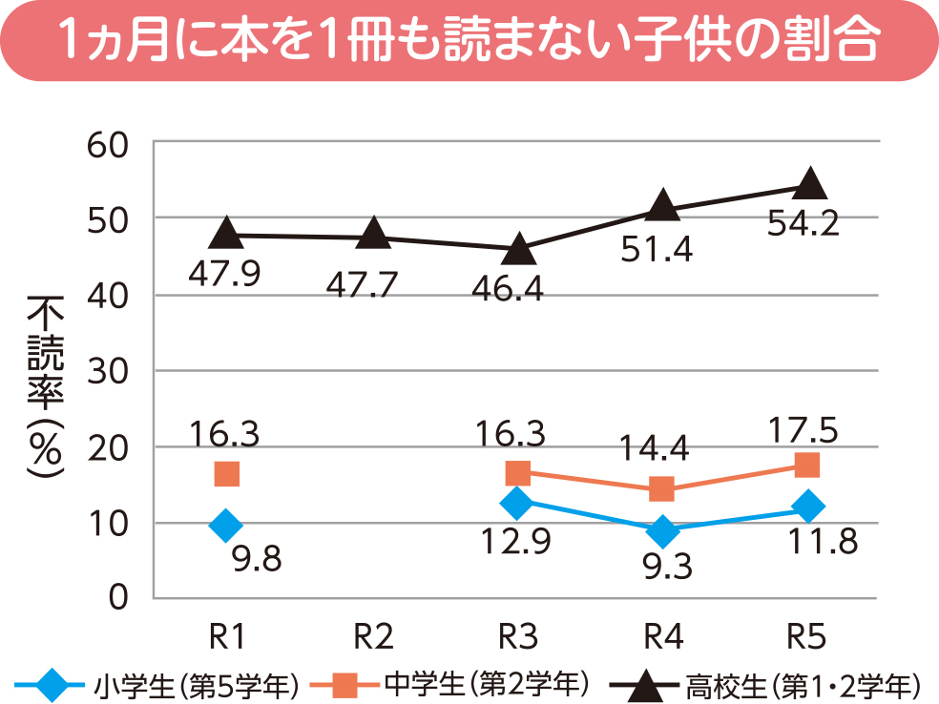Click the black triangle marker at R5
pos(809,183)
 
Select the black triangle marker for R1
pos(226,232)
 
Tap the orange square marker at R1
pos(226,473)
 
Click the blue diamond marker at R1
pos(226,524)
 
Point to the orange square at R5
pos(807,465)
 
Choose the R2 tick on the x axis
pos(373,634)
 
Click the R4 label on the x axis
pos(662,634)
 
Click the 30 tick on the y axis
pos(108,371)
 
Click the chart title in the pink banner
pos(469,39)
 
